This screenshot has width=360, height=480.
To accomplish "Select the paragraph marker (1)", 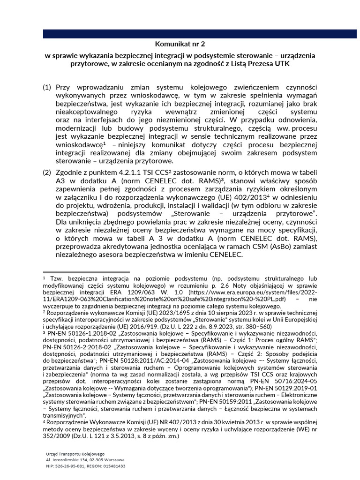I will pos(47,88).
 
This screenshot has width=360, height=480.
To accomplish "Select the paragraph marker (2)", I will pos(47,172).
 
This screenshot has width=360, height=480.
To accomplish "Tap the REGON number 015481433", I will pos(111,466).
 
